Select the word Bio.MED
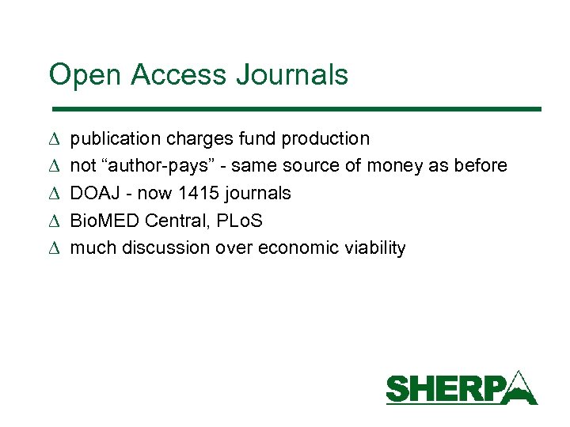click(105, 221)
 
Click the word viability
click(375, 248)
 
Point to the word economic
click(303, 248)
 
